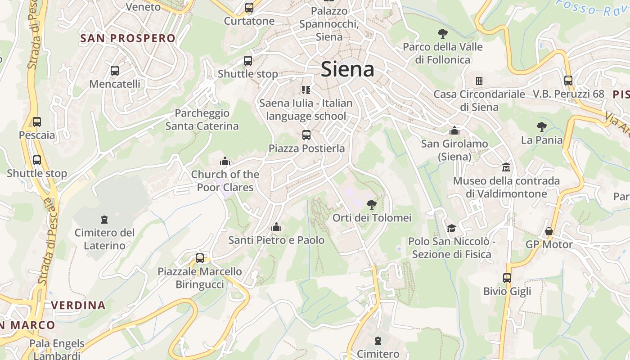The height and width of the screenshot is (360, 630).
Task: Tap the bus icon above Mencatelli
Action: [115, 71]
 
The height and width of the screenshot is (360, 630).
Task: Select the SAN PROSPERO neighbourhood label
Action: [127, 38]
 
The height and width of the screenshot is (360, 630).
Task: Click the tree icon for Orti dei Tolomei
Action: [372, 205]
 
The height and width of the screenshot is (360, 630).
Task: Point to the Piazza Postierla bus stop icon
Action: [306, 135]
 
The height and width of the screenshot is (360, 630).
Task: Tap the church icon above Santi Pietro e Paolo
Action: [276, 227]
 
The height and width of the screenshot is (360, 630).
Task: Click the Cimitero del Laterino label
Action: [104, 239]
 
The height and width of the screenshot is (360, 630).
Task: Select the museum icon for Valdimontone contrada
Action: [506, 167]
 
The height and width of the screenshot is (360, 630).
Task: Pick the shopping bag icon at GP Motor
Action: [549, 231]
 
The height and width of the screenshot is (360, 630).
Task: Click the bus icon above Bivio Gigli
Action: [507, 278]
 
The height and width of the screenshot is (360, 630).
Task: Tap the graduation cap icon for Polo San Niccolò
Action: [451, 228]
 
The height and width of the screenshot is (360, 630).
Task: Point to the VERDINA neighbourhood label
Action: [78, 305]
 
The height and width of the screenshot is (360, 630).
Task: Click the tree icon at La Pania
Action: [542, 127]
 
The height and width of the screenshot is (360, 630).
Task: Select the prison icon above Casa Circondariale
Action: [479, 81]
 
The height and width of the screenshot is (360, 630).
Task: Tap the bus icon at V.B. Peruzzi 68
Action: [568, 81]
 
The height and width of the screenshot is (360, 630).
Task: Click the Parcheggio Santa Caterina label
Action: [202, 120]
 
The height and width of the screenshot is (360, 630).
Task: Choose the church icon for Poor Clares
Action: [225, 161]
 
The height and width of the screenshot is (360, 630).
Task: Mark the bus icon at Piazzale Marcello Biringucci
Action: [200, 258]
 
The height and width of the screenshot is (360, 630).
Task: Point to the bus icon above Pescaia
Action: [37, 122]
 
